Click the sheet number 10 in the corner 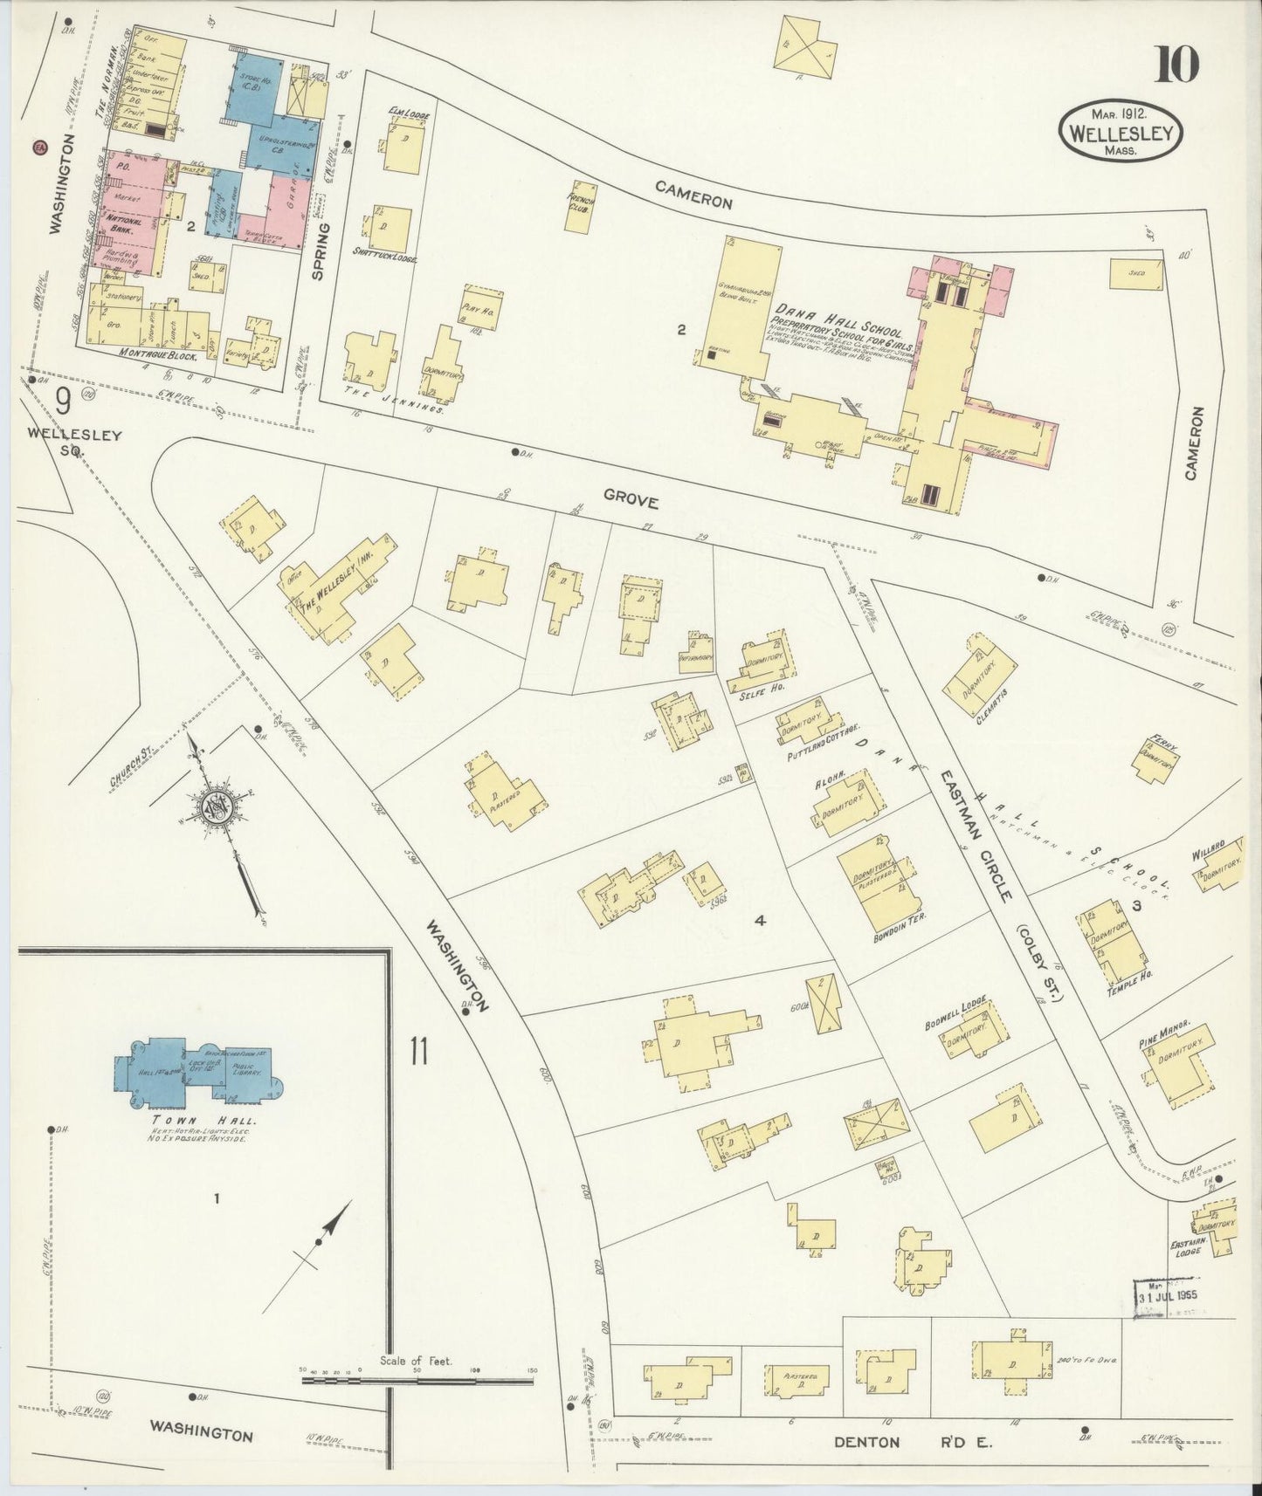(x=1176, y=64)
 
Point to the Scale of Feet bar (x=417, y=1382)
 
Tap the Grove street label (x=628, y=500)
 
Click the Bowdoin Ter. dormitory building (x=880, y=885)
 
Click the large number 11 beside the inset (x=417, y=1050)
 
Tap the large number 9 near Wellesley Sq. (x=63, y=401)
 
